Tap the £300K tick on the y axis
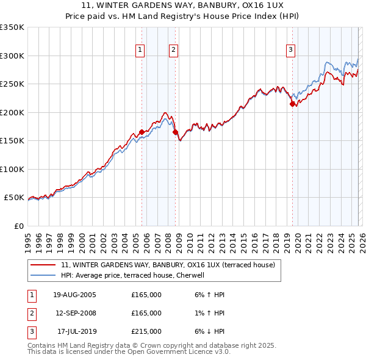click(12, 56)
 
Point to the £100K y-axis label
click(12, 169)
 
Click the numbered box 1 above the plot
click(141, 50)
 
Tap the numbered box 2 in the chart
click(174, 50)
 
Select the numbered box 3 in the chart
click(291, 50)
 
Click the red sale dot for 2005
click(142, 132)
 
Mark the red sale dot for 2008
click(175, 132)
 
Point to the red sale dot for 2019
click(292, 104)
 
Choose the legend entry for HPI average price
click(136, 275)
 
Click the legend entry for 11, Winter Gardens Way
click(168, 265)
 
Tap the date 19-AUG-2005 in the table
click(74, 295)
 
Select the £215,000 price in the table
click(146, 331)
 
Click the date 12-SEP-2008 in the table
click(74, 313)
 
